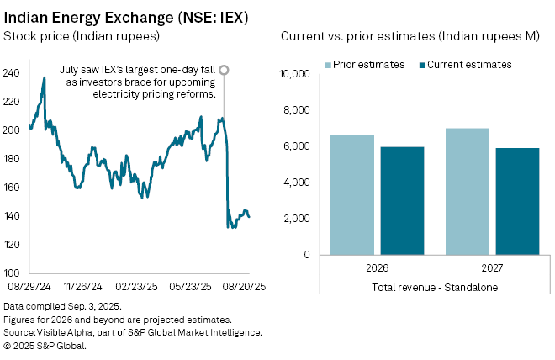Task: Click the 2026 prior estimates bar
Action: click(351, 194)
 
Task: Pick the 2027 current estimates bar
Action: click(516, 201)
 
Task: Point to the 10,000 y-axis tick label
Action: click(293, 74)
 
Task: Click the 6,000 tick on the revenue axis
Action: click(296, 146)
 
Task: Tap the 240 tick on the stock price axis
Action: click(12, 73)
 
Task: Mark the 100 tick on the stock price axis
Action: click(12, 273)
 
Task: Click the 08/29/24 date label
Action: click(30, 285)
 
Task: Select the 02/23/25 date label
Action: click(140, 285)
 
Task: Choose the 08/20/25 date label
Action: click(248, 285)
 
